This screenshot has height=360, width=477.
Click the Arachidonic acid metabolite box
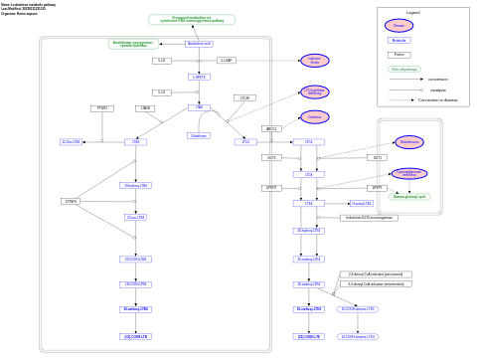(x=199, y=44)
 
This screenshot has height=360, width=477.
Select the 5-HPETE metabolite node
(x=199, y=77)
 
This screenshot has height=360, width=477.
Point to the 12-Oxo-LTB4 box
(x=71, y=142)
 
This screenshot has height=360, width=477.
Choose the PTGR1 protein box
(x=101, y=108)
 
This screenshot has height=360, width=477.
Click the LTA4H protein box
(x=146, y=108)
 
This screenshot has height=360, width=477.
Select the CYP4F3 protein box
(x=70, y=201)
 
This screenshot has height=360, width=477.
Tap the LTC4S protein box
(x=244, y=98)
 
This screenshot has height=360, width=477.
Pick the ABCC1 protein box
(x=271, y=128)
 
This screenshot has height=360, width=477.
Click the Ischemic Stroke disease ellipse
(x=314, y=61)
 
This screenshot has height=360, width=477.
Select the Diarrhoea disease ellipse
(x=314, y=117)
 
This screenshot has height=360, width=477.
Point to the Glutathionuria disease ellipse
(x=408, y=142)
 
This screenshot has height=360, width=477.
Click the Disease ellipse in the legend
(x=398, y=25)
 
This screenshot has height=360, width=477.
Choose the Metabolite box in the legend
(x=398, y=41)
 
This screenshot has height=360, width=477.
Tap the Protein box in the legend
(x=398, y=55)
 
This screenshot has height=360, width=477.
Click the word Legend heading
(x=412, y=12)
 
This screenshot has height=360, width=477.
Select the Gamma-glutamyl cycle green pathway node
(x=408, y=197)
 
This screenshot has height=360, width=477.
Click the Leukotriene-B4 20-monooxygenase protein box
(x=369, y=218)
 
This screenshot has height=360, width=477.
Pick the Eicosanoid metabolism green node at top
(x=192, y=20)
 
